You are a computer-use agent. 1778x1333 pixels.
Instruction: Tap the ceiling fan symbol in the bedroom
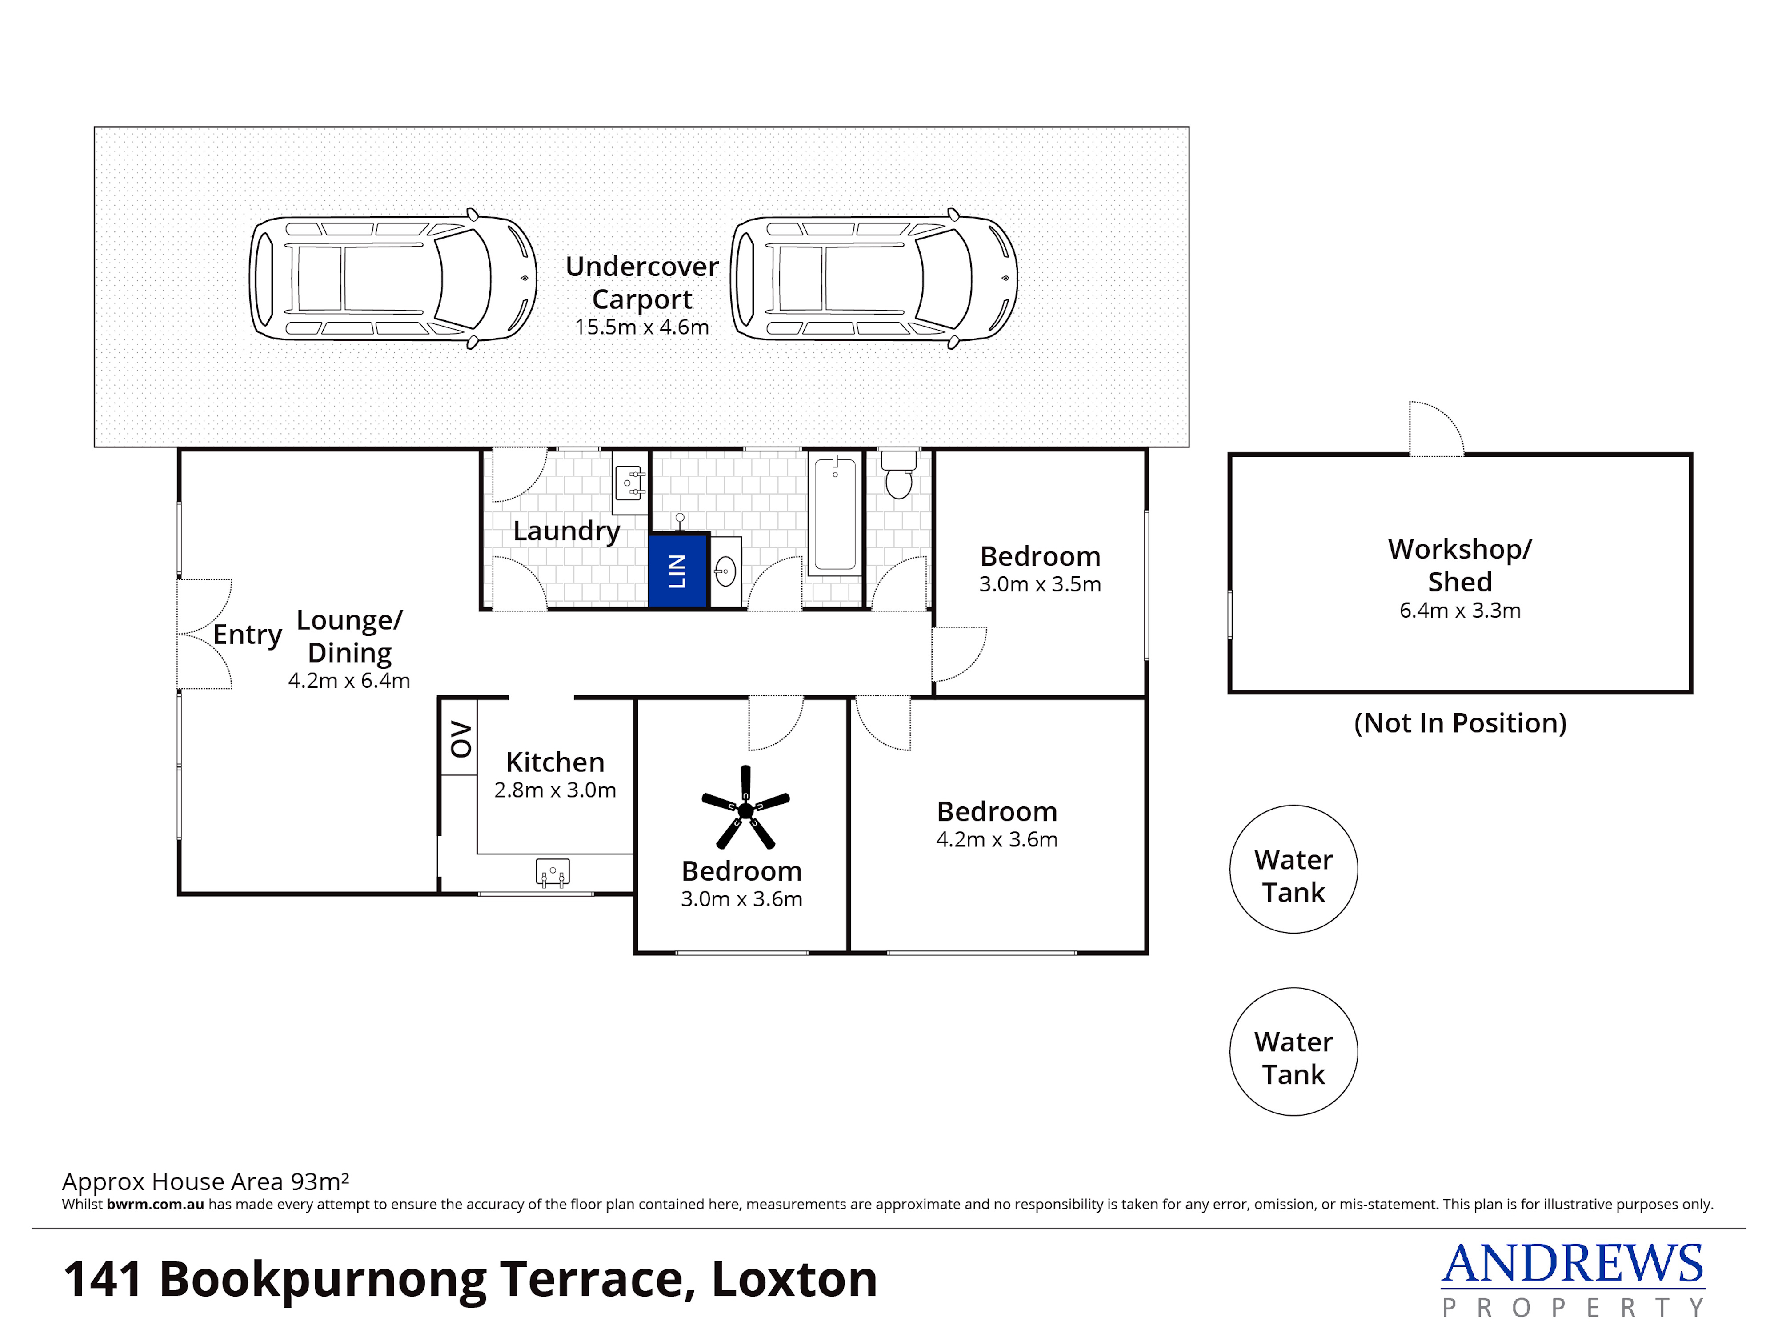point(745,807)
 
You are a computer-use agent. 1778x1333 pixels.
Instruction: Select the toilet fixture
point(899,474)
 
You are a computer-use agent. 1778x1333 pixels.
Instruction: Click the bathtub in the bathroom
point(835,514)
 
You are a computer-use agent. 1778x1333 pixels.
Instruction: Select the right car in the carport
point(874,278)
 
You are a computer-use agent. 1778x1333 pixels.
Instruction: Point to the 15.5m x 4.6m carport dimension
point(641,327)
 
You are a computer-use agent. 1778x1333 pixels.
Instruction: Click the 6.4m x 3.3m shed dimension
point(1460,610)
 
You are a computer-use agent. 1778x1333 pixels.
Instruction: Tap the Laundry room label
point(567,531)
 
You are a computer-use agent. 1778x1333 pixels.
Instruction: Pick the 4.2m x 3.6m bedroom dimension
point(997,840)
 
